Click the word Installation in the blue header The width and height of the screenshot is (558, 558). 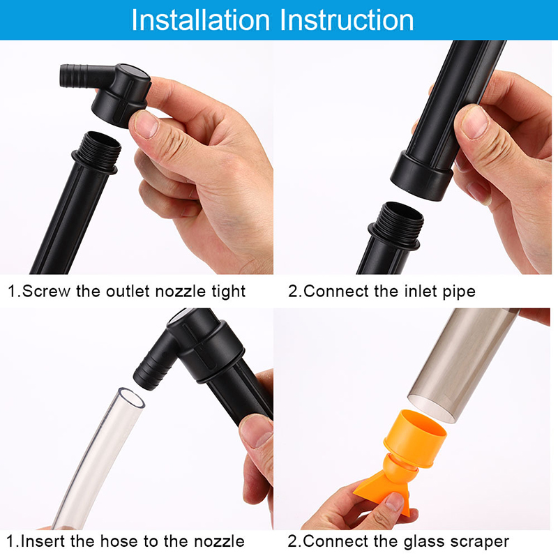click(x=201, y=20)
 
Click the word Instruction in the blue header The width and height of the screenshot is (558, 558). click(x=347, y=20)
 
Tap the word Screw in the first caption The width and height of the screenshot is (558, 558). click(x=47, y=291)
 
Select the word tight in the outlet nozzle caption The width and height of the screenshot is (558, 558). click(x=228, y=292)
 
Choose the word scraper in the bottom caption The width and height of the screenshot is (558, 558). click(x=479, y=542)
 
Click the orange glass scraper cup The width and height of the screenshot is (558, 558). click(x=416, y=439)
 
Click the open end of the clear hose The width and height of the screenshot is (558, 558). click(x=131, y=398)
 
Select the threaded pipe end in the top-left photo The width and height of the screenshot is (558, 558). click(x=100, y=151)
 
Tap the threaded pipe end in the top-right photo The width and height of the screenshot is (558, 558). click(x=398, y=225)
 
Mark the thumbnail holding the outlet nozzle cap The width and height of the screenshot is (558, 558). click(x=146, y=123)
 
